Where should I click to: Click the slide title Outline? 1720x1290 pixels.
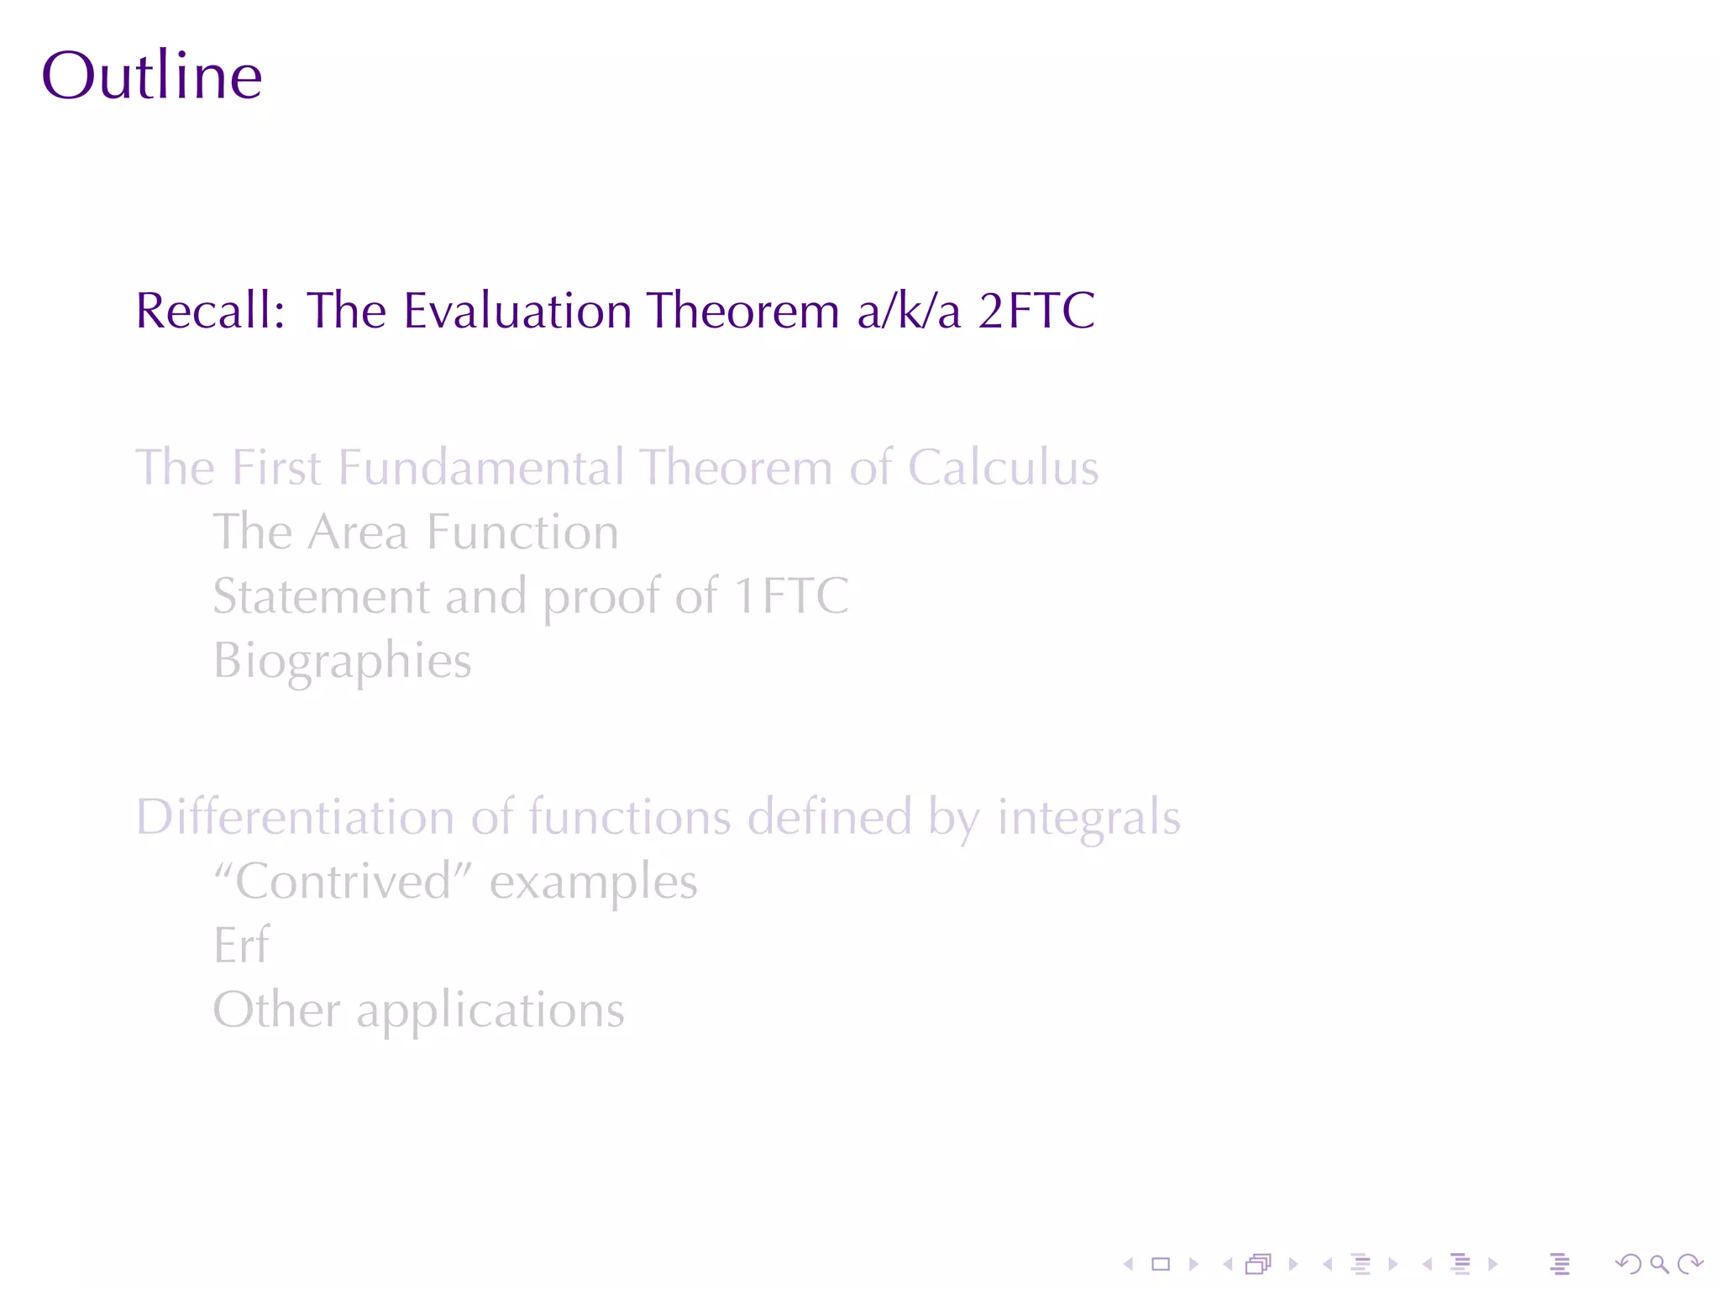tap(152, 76)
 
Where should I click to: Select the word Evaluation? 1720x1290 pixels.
tap(517, 311)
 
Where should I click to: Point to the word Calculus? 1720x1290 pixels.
tap(1003, 468)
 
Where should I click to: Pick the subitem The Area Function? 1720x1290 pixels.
tap(416, 532)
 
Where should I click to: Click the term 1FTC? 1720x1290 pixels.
tap(791, 596)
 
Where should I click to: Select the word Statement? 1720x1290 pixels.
tap(321, 596)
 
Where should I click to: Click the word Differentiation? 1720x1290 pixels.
tap(295, 817)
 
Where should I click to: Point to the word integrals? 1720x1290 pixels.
tap(1088, 817)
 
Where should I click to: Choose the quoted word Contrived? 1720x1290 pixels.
tap(343, 882)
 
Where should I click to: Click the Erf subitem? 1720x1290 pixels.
tap(241, 946)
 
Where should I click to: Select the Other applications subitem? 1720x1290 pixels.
tap(418, 1010)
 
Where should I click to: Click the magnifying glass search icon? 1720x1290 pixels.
tap(1659, 1264)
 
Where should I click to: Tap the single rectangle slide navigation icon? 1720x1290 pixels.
tap(1161, 1264)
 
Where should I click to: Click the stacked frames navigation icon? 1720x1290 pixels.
tap(1258, 1264)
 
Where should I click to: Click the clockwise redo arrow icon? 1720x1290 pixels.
tap(1690, 1264)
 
